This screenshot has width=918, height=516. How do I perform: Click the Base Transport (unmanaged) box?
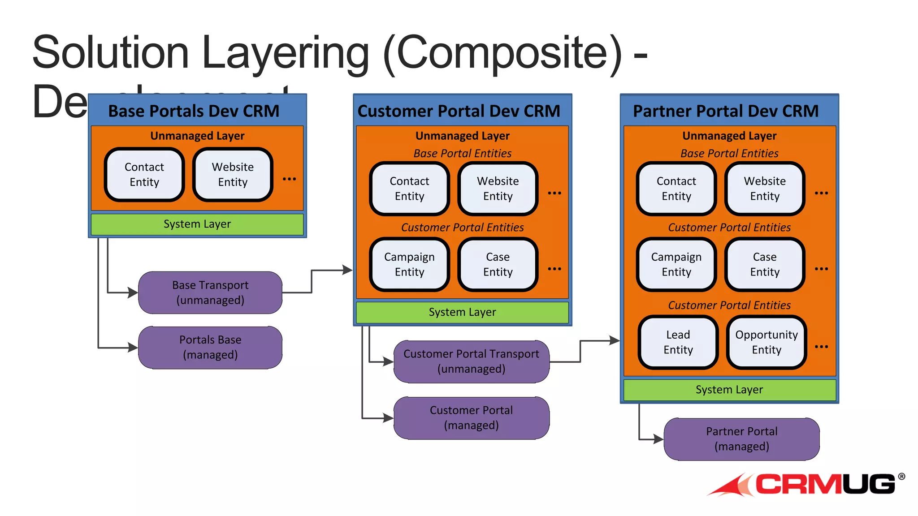tap(210, 292)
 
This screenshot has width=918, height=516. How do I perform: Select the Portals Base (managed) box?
tap(210, 347)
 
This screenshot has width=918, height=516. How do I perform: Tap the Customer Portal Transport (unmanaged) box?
tap(471, 361)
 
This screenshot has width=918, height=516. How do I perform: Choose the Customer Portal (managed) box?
tap(471, 417)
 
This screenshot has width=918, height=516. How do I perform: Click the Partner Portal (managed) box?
tap(741, 439)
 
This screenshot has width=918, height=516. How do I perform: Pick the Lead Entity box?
tap(678, 342)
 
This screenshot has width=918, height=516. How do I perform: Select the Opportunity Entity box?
tap(766, 342)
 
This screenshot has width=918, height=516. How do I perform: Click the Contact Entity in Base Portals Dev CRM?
tap(144, 174)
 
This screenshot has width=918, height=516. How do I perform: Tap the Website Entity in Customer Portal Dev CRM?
tap(498, 189)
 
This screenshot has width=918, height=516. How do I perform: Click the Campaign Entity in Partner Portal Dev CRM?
tap(676, 264)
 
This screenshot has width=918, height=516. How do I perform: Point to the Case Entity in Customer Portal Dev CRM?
tap(498, 264)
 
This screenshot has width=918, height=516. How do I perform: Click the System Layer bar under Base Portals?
tap(197, 224)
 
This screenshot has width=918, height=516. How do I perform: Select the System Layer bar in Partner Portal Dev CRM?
tap(729, 390)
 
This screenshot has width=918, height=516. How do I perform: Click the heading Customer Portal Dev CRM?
tap(459, 111)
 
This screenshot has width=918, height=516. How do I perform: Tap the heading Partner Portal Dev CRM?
tap(726, 111)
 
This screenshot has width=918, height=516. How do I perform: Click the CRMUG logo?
tap(807, 485)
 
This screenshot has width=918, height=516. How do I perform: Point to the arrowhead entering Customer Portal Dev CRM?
tap(347, 270)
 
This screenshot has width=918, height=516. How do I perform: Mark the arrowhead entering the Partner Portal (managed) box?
tap(658, 439)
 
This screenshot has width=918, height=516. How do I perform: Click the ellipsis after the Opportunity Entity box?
tap(821, 346)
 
